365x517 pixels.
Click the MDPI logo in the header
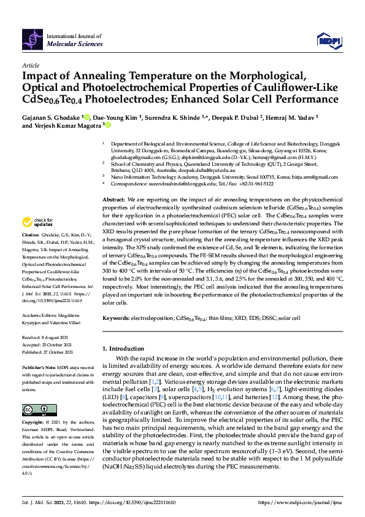point(328,41)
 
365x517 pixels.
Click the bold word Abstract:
point(113,184)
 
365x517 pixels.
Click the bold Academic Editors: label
point(41,314)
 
